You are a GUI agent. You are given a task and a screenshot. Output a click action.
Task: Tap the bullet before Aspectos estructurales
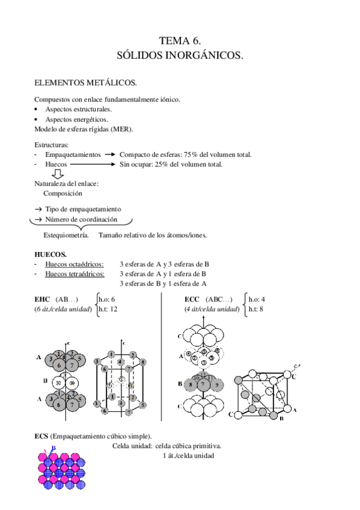coord(37,109)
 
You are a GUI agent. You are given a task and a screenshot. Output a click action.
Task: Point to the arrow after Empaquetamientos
coord(109,155)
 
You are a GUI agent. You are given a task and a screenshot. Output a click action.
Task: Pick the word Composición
coord(63,194)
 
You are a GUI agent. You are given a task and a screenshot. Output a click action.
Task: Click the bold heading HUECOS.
coord(50,254)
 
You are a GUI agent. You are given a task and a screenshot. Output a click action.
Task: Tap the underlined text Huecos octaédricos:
coord(74,264)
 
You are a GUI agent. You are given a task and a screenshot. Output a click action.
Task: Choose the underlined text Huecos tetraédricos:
coord(75,274)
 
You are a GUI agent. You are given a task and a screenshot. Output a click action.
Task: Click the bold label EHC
coord(42,299)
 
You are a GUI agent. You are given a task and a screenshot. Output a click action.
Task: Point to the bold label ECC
coord(192,299)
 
